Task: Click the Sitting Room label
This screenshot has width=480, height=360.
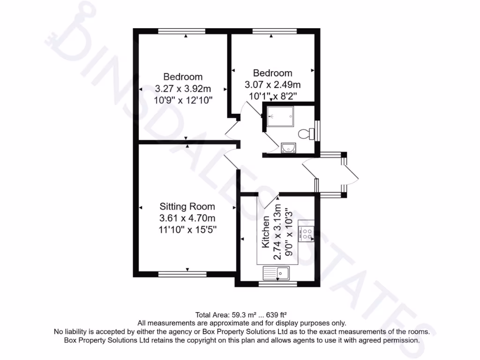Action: tap(187, 206)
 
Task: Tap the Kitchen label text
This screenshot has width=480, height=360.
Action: tap(266, 232)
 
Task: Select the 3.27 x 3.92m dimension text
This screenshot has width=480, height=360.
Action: tap(183, 88)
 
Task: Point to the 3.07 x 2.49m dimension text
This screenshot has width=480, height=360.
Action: tap(272, 85)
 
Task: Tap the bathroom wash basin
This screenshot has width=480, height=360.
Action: tap(287, 149)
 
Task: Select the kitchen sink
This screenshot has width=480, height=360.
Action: tap(277, 272)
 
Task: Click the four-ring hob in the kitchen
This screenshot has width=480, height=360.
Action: tap(307, 233)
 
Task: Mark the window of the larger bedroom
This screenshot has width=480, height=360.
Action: tap(182, 31)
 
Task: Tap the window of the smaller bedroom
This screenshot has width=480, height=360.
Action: tap(274, 31)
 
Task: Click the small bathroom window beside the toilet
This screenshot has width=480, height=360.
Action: tap(318, 131)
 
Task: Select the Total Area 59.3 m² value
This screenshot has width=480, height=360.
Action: tap(236, 315)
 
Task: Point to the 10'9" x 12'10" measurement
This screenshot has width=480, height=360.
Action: tap(183, 99)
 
